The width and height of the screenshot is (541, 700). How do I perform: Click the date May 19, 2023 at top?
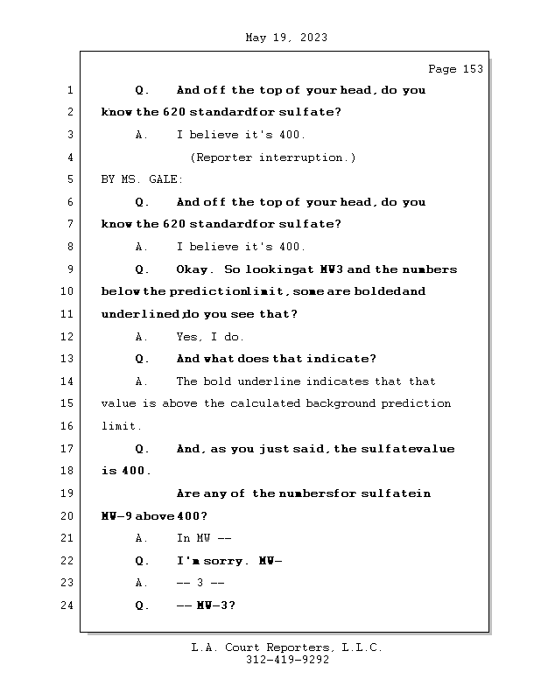pos(287,38)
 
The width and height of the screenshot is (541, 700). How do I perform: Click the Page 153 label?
pos(455,69)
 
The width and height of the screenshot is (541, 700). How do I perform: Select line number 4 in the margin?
pos(70,157)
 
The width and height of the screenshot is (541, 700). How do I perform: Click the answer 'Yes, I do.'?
pos(211,337)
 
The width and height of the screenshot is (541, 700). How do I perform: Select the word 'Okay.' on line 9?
pos(194,269)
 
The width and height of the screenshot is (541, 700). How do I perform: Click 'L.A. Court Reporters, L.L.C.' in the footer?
pos(287,648)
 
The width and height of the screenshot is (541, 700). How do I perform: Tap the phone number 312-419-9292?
pos(287,661)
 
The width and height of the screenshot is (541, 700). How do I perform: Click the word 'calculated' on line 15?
pos(265,403)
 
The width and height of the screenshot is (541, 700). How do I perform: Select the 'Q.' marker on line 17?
pos(143,449)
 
